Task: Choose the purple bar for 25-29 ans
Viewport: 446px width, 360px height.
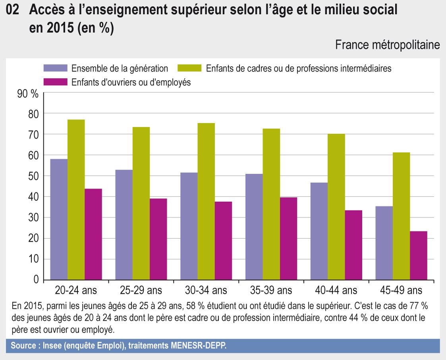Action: tap(124, 225)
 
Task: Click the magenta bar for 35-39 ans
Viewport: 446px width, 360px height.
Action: tap(288, 239)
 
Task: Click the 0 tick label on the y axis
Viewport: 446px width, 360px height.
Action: tap(36, 280)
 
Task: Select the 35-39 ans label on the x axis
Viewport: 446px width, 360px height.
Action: tap(271, 291)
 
